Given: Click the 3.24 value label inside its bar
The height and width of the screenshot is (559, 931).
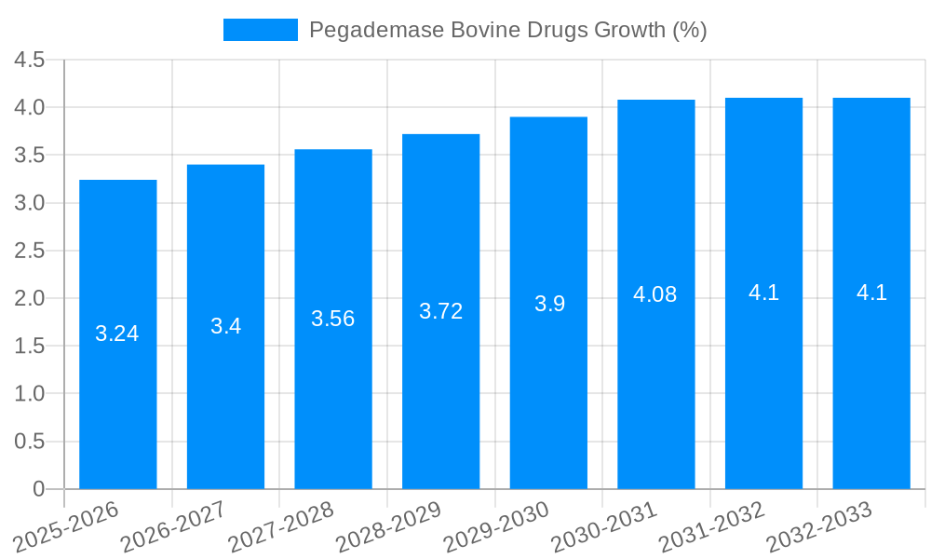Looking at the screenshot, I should tap(117, 334).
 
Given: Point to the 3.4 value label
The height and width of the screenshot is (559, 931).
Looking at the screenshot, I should tap(225, 326).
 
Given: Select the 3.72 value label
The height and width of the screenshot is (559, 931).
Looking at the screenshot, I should tap(440, 311).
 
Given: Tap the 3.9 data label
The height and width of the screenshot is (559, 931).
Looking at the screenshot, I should tap(549, 304).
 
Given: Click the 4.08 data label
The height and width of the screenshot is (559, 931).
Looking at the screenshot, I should tap(655, 294).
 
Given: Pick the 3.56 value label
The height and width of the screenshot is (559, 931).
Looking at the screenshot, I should tap(333, 319).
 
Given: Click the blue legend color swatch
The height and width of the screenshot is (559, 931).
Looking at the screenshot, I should tap(260, 30).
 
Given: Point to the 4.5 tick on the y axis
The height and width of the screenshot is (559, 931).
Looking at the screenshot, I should tap(30, 60).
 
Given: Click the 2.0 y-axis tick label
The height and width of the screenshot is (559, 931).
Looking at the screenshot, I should tap(30, 298).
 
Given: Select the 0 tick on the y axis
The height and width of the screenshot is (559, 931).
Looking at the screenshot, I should tap(38, 489).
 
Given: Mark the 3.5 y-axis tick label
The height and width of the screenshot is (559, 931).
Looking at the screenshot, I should tap(30, 156).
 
